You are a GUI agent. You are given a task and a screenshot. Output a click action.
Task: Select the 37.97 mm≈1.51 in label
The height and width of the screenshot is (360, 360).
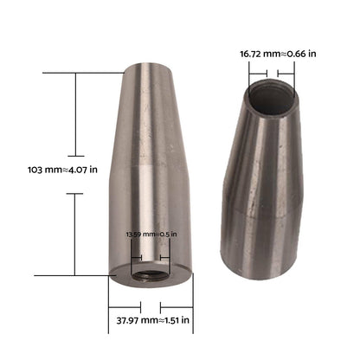point(151,320)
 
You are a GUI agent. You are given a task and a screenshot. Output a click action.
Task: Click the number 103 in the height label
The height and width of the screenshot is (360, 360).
point(38,170)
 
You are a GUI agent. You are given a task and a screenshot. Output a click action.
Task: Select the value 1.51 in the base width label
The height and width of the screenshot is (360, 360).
point(178,320)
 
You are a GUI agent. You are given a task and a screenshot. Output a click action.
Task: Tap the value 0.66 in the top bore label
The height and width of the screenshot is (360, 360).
point(299,53)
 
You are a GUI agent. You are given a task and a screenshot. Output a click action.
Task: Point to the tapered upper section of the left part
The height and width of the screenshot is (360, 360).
point(156,112)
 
